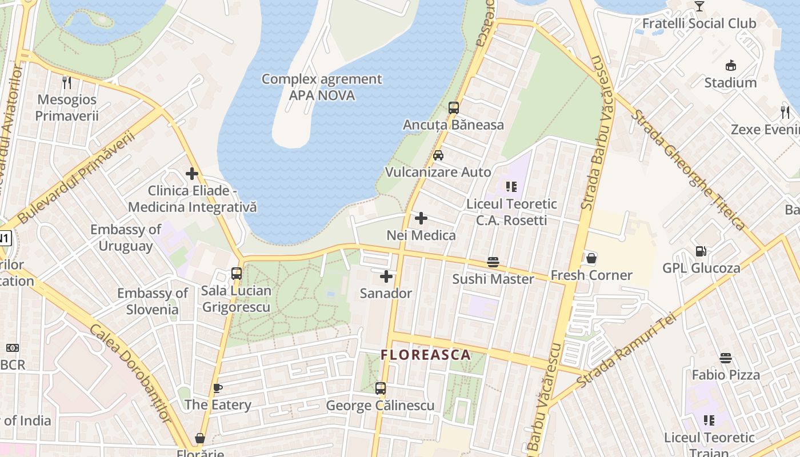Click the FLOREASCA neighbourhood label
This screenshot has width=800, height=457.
pos(426,355)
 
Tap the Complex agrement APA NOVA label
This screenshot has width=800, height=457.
pos(322,87)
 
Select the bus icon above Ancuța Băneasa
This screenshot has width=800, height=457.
pos(454,108)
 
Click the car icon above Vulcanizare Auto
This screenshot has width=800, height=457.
pos(438,155)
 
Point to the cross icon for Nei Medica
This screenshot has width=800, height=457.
pos(421,218)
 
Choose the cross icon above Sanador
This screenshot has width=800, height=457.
pos(386,277)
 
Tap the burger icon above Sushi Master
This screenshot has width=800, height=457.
pos(493,262)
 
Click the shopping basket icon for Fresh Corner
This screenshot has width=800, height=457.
pos(591,258)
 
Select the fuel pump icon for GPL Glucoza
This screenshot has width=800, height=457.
pos(701,251)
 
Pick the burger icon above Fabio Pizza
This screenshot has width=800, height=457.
pos(726,358)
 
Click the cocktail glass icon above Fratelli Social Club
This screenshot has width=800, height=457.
pos(699,6)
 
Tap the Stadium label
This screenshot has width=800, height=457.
pos(730,83)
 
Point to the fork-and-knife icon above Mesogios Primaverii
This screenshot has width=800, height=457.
pos(67,83)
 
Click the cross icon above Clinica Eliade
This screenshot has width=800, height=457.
pos(192,174)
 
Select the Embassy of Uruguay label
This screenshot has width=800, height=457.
pos(125,238)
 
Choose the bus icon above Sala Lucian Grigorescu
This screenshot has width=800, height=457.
pos(237,274)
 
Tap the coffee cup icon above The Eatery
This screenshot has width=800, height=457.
pos(218,388)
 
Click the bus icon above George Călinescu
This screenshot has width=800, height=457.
pos(381,388)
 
